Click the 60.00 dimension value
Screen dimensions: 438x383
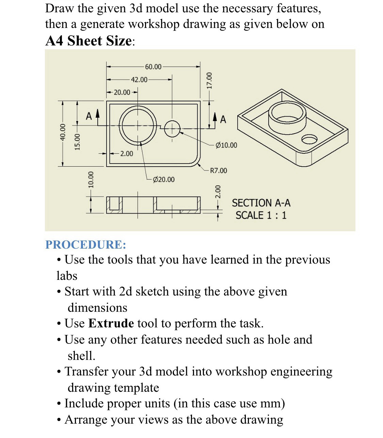153,67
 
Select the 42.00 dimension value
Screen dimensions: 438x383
139,80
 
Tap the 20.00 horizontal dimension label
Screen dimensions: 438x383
122,92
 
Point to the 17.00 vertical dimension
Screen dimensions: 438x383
210,80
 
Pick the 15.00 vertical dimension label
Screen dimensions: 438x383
78,141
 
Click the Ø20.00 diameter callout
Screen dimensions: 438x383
164,179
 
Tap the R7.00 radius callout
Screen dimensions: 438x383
218,170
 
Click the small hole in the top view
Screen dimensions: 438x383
172,128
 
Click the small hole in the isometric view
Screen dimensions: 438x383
309,139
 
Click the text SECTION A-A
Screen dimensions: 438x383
261,203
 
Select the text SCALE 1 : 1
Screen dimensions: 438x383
261,215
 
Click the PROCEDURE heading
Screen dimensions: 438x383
85,245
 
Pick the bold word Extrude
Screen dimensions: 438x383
111,323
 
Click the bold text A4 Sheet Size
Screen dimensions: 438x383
89,41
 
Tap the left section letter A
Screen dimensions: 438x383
89,117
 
